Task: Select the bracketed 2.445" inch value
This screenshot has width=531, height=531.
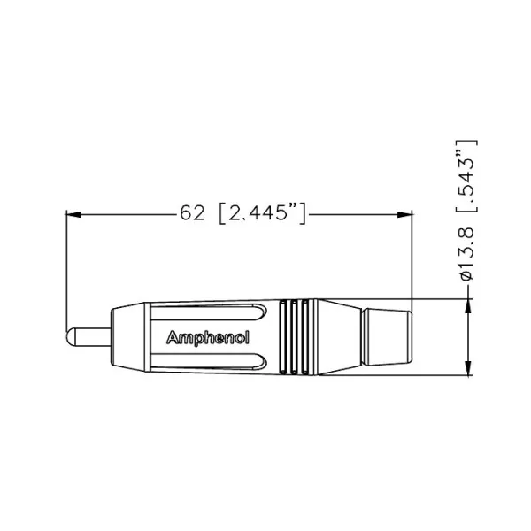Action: pos(263,213)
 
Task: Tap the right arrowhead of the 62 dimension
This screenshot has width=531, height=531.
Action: pos(406,213)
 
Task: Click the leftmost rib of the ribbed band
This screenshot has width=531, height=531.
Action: pos(283,338)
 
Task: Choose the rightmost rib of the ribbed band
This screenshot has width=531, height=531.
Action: pos(306,338)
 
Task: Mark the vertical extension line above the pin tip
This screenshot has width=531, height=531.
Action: pos(67,265)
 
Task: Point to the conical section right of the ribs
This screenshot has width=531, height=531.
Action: pos(336,338)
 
